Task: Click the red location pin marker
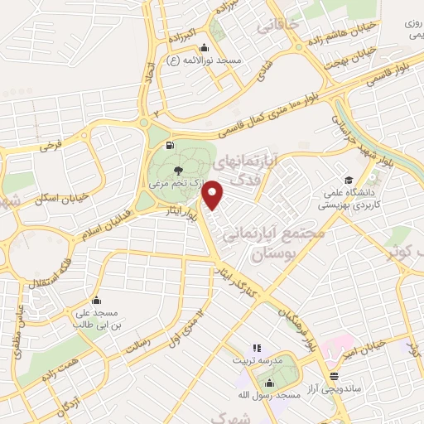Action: tap(214, 195)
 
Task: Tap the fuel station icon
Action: tap(170, 147)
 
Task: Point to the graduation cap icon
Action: tap(349, 181)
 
